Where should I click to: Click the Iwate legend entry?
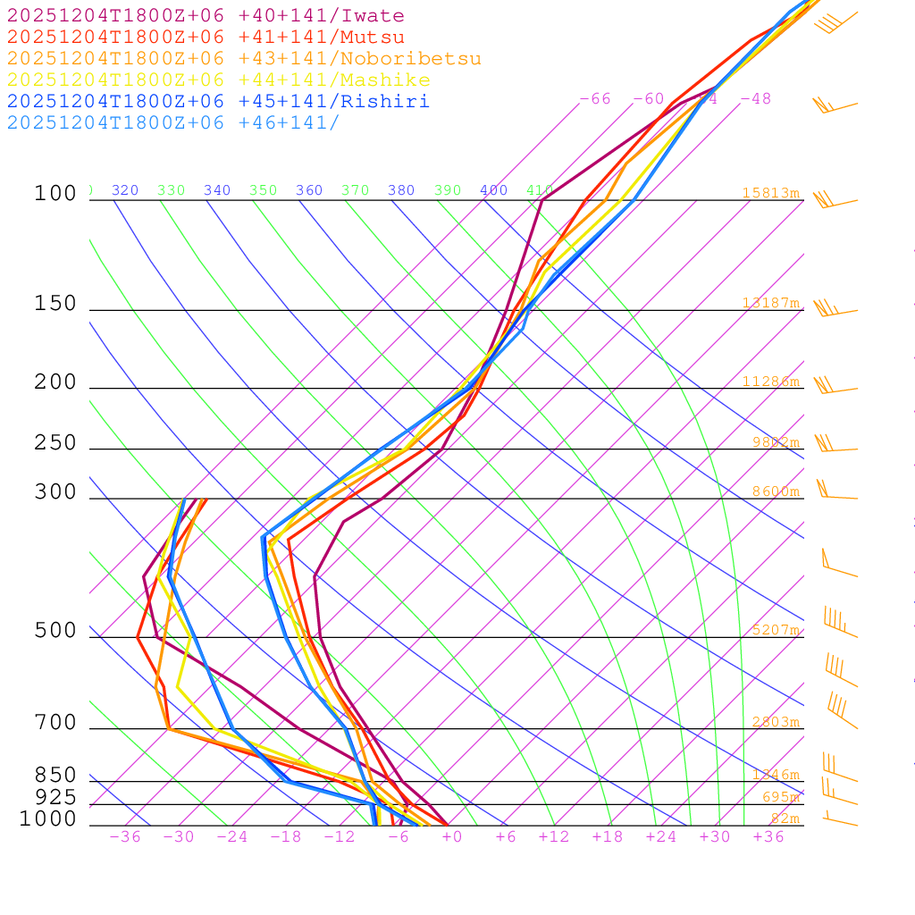click(206, 16)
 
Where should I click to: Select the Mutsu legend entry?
click(206, 38)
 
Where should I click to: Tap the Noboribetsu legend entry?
click(244, 59)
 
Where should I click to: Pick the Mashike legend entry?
click(218, 80)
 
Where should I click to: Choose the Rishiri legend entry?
click(218, 102)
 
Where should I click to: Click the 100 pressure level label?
click(55, 194)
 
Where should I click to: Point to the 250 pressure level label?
click(55, 443)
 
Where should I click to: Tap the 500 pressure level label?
click(55, 631)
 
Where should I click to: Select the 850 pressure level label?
click(55, 776)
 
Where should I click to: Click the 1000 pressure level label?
click(47, 818)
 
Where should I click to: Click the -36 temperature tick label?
click(124, 837)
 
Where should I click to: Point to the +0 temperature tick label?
click(451, 837)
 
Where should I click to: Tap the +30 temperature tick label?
click(714, 837)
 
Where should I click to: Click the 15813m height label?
click(770, 193)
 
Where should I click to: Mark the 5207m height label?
click(775, 630)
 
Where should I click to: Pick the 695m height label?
click(780, 797)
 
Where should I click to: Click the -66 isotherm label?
click(595, 99)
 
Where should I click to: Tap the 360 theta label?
click(309, 190)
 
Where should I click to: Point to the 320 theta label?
click(125, 190)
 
